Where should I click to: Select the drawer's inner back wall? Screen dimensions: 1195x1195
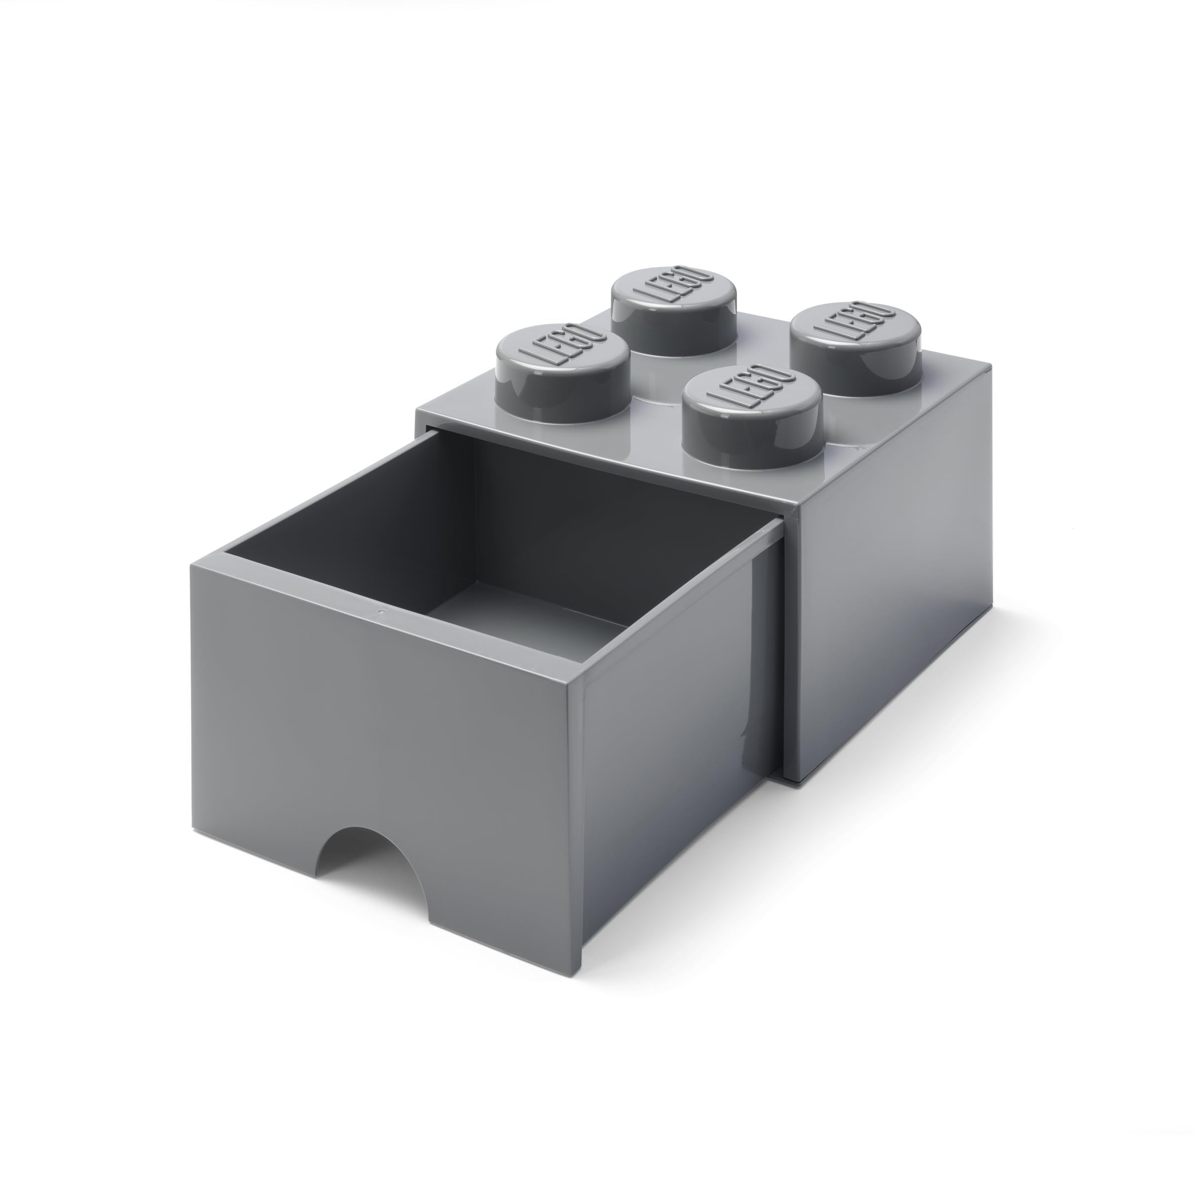[x=618, y=526]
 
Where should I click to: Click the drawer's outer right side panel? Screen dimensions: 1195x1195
[x=680, y=773]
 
